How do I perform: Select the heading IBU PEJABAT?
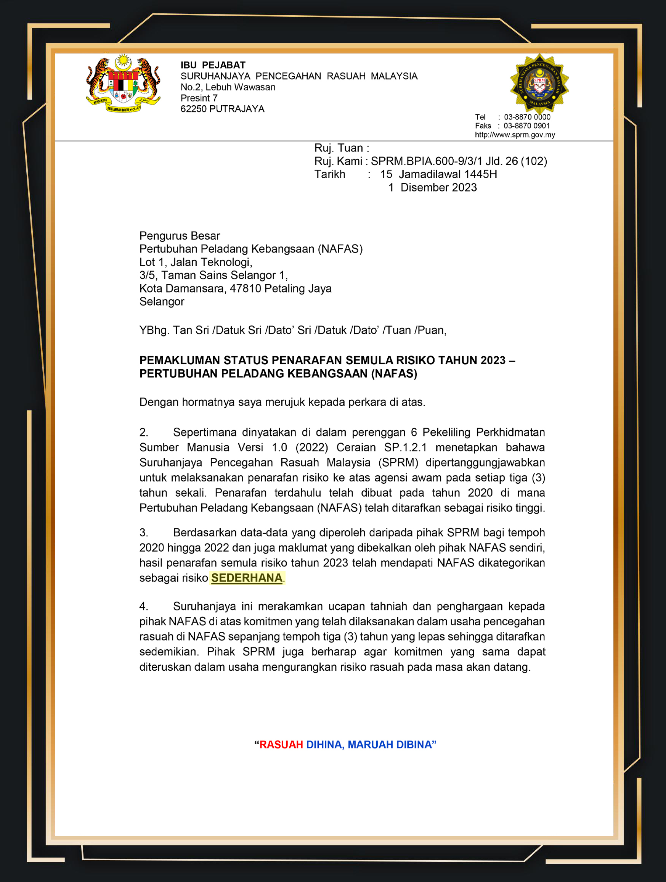[x=213, y=65]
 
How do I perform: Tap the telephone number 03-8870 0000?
[x=527, y=117]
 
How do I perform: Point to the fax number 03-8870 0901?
[x=526, y=126]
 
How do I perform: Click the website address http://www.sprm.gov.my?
[x=515, y=135]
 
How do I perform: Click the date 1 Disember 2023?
[x=432, y=187]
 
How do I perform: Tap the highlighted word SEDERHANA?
[x=247, y=578]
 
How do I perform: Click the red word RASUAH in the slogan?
[x=281, y=744]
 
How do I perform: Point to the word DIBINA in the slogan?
[x=413, y=744]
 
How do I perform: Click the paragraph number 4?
[x=143, y=607]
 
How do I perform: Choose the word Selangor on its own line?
[x=161, y=301]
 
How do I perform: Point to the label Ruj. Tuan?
[x=339, y=148]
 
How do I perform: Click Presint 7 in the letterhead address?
[x=199, y=98]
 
